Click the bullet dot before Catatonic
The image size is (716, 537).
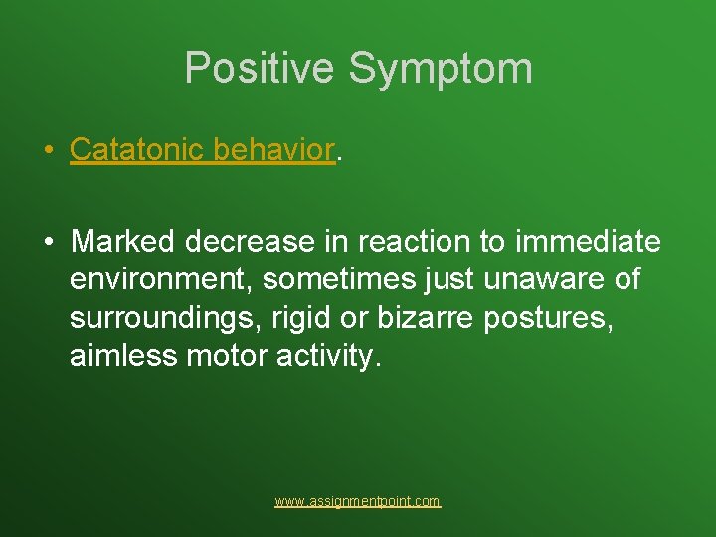coord(48,150)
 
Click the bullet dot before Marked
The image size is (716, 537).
coord(48,242)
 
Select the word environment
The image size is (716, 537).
coord(160,279)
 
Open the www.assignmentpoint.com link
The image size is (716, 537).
coord(357,502)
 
